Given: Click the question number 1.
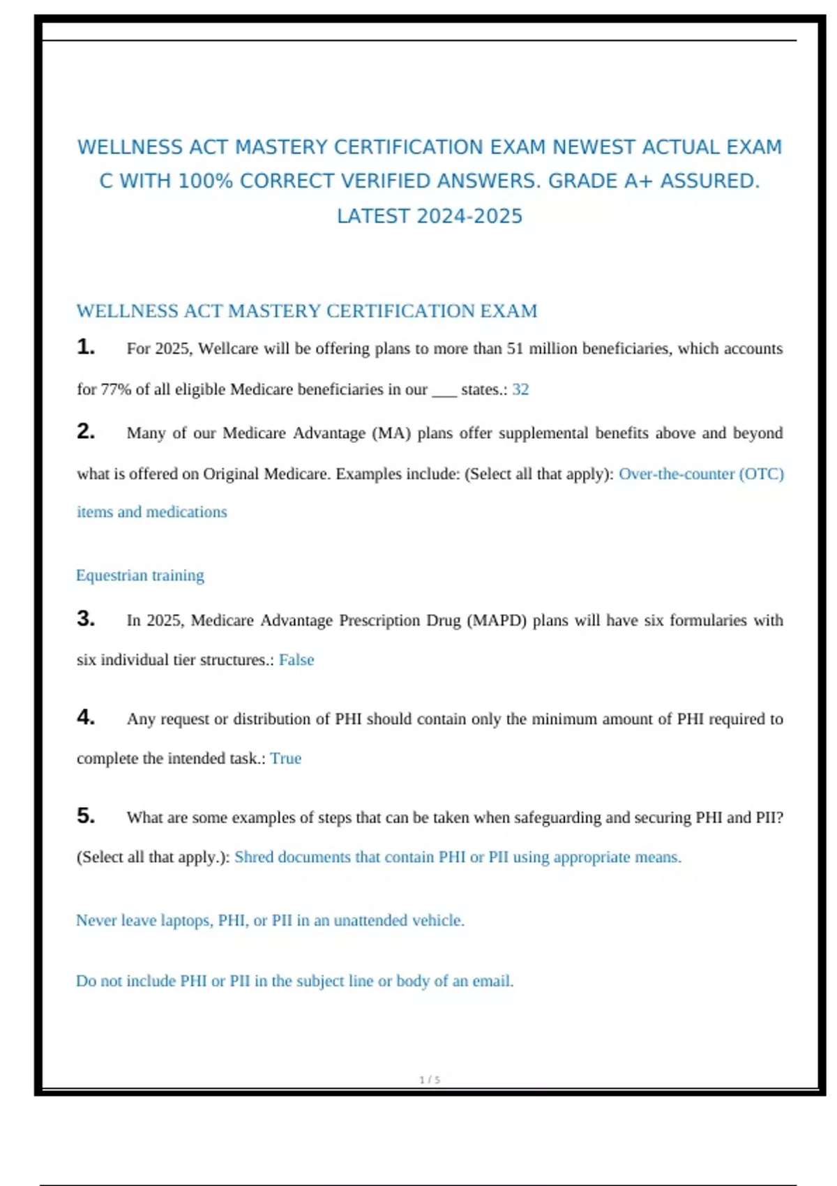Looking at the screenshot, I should (x=86, y=347).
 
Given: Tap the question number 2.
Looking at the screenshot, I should (x=86, y=431).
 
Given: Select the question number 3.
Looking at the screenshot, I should (x=86, y=618).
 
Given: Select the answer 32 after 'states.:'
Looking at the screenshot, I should (x=520, y=389).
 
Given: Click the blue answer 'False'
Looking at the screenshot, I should (x=296, y=660).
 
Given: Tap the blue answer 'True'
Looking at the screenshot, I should (x=286, y=758).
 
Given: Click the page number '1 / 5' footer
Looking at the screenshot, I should (x=430, y=1079).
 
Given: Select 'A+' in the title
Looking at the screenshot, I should (x=639, y=181).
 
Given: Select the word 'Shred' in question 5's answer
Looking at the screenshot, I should (x=254, y=857).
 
